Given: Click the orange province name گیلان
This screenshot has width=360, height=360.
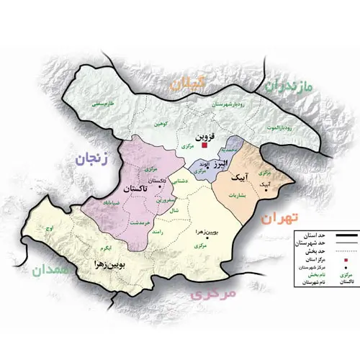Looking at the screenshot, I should click(x=189, y=84).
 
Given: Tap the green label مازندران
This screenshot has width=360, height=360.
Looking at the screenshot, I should click(x=289, y=88).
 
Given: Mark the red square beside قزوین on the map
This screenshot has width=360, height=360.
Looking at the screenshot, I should click(x=204, y=145).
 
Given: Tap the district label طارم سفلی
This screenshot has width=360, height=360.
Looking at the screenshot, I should click(x=106, y=106).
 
